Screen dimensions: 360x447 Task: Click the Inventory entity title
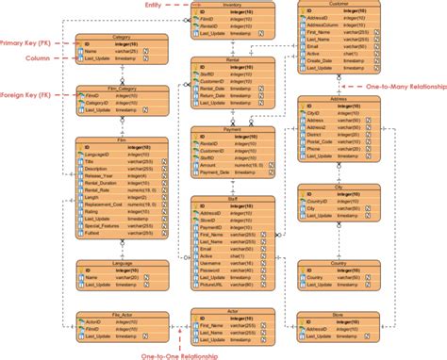pos(233,5)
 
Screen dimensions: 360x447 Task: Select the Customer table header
pos(338,5)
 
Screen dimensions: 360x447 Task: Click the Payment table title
pos(232,130)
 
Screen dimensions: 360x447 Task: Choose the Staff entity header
pos(233,199)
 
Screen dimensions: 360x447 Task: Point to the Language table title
pos(121,263)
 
